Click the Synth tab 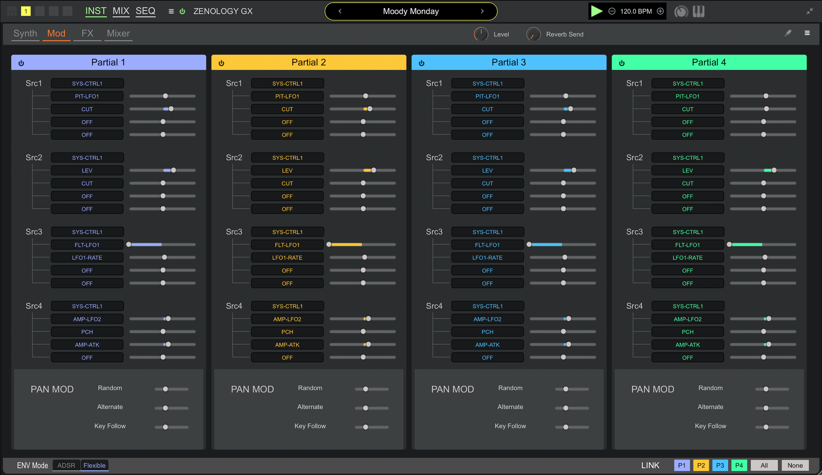[25, 34]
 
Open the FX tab [87, 34]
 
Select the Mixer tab [118, 34]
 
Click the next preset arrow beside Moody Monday [482, 11]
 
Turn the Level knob [481, 34]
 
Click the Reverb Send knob [533, 34]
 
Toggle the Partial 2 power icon [222, 63]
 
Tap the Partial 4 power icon [622, 63]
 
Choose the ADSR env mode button [66, 465]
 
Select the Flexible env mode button [94, 465]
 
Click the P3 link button [720, 465]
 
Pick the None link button [795, 465]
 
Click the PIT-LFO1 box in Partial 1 [87, 96]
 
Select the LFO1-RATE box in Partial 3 [487, 258]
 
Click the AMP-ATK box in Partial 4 [688, 345]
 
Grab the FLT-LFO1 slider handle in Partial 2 [329, 244]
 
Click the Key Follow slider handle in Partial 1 [165, 427]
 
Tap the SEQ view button [146, 11]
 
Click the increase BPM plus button [660, 11]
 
